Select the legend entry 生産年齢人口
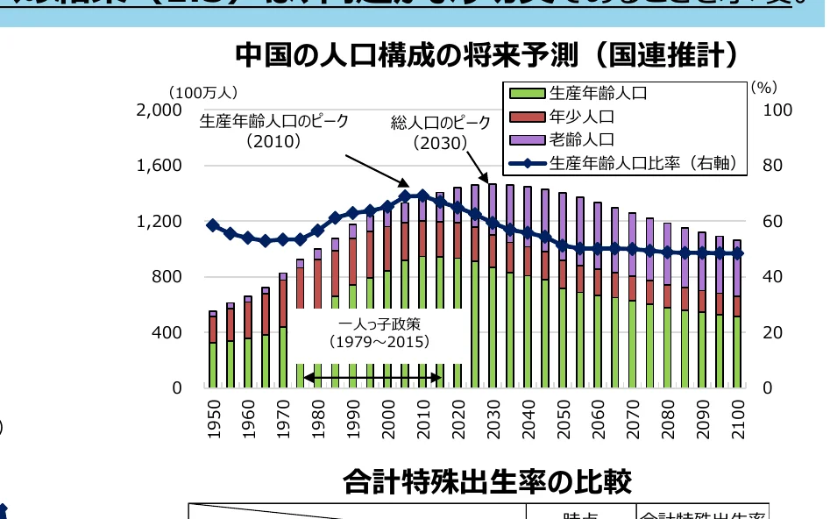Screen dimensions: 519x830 coord(596,93)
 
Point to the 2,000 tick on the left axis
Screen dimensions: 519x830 coord(159,110)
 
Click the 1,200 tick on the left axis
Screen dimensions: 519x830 coord(159,221)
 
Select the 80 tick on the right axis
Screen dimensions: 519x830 coord(777,166)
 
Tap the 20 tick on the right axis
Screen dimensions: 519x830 coord(777,332)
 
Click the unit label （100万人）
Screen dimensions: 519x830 coord(203,91)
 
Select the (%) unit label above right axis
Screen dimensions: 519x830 coord(763,87)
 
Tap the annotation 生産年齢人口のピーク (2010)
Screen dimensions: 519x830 coord(273,131)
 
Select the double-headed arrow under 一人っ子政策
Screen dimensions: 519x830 coord(372,378)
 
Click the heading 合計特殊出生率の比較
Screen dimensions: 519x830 coord(486,481)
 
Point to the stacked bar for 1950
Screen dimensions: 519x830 coord(213,351)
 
